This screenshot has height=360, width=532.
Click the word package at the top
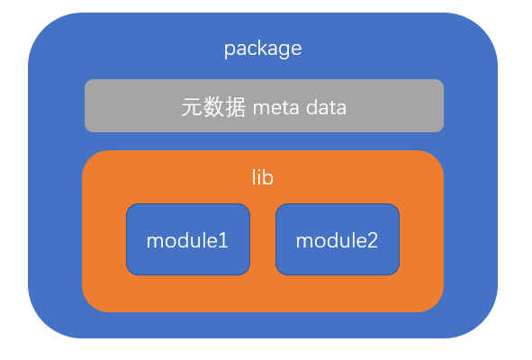point(263,49)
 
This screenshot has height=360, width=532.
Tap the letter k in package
point(263,48)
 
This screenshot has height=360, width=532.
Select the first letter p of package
point(230,51)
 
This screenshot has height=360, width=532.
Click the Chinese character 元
point(192,107)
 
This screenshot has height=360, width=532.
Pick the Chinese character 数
point(213,107)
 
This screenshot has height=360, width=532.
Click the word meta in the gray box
point(276,108)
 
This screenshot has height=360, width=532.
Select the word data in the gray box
point(327,108)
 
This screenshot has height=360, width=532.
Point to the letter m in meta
point(261,110)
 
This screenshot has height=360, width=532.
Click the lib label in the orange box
point(263,177)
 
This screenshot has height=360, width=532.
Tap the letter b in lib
point(267,177)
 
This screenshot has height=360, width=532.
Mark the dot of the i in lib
point(258,171)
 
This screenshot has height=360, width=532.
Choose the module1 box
point(188,239)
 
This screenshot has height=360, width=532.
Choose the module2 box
point(338,239)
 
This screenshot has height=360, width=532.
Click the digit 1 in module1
point(223,241)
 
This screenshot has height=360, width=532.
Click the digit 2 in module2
point(372,241)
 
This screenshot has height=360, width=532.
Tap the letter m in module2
point(304,243)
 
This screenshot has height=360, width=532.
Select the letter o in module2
point(320,243)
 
